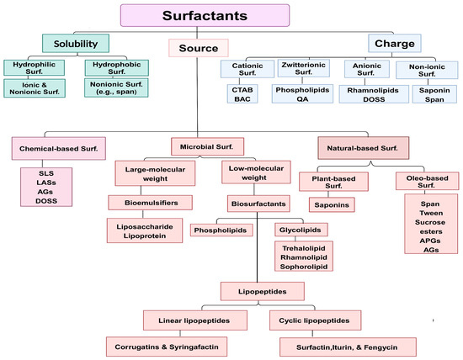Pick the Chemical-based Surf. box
coord(57,150)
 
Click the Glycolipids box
coord(300,229)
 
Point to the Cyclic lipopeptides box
coord(317,320)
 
